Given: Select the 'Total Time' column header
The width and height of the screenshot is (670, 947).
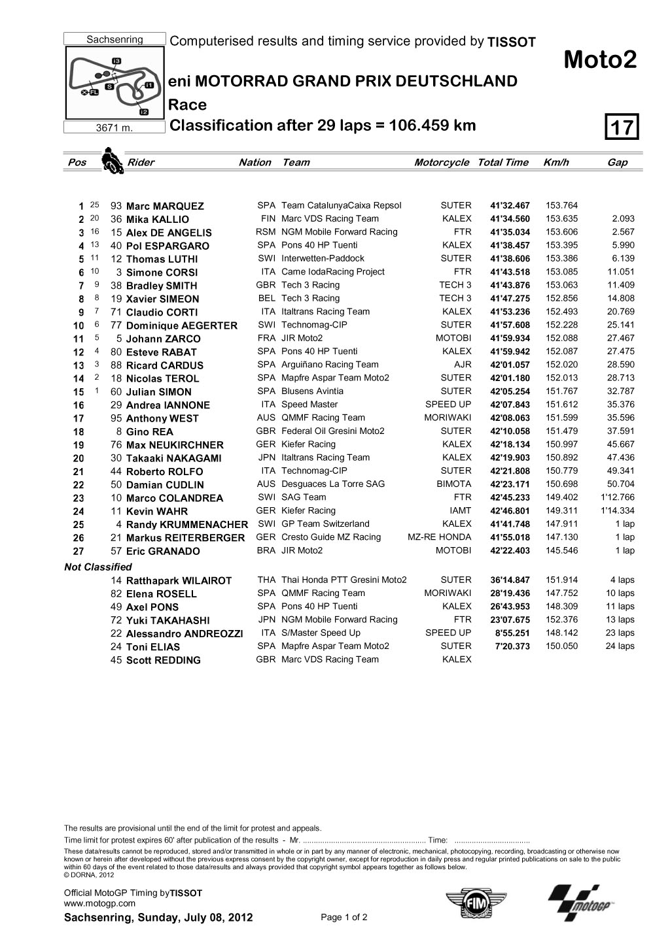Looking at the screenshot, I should [x=502, y=163].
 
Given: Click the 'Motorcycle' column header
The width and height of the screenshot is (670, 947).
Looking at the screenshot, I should [x=441, y=163].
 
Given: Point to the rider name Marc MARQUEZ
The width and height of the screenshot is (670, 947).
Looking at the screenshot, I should [x=165, y=206].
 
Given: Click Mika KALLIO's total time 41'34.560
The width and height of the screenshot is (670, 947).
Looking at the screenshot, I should [x=510, y=219].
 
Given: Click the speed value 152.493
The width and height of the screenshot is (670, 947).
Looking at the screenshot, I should [x=561, y=312].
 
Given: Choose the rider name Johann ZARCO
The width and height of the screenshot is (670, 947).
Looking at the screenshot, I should [x=163, y=339].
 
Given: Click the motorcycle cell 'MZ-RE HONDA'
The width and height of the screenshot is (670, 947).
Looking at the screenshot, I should [x=439, y=537].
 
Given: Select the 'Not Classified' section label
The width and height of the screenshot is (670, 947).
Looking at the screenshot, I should [x=97, y=567].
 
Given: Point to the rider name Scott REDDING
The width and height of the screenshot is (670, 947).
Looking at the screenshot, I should [x=163, y=660].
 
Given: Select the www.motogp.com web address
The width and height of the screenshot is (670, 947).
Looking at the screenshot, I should [x=99, y=903].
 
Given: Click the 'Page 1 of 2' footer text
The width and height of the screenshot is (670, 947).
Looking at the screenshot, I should [x=344, y=917].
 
